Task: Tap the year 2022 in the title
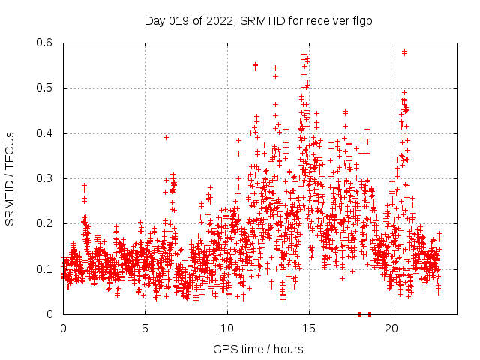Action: click(x=218, y=21)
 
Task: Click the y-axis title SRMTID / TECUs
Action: click(x=10, y=178)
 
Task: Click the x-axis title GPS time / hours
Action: click(x=258, y=349)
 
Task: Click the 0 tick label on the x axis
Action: click(x=63, y=328)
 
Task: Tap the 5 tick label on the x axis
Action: click(x=145, y=328)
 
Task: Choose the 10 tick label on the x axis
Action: click(x=227, y=328)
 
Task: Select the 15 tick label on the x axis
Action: click(x=309, y=328)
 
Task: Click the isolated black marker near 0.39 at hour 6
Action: click(x=166, y=137)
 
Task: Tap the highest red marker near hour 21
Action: click(x=405, y=52)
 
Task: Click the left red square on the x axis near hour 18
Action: click(x=360, y=314)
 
